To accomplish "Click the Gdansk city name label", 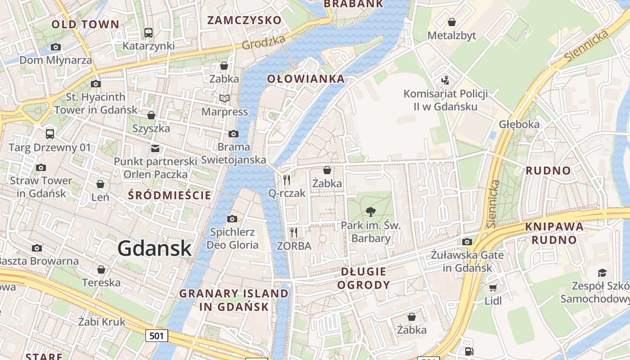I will pyautogui.click(x=155, y=248).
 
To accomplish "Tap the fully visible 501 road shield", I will pyautogui.click(x=157, y=335).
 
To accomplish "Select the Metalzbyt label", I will pyautogui.click(x=451, y=36).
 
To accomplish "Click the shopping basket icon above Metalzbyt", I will pyautogui.click(x=451, y=22).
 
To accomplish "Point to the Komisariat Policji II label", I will pyautogui.click(x=439, y=100).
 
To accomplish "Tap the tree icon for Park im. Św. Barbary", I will pyautogui.click(x=371, y=211).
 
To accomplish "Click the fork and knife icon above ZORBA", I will pyautogui.click(x=294, y=232).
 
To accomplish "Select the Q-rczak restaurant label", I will pyautogui.click(x=287, y=193).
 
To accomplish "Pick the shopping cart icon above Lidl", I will pyautogui.click(x=493, y=287).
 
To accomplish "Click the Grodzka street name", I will pyautogui.click(x=263, y=42).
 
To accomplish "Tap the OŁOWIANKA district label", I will pyautogui.click(x=306, y=79).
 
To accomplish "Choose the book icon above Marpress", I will pyautogui.click(x=224, y=98).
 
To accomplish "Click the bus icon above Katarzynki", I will pyautogui.click(x=148, y=32).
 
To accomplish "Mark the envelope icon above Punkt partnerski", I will pyautogui.click(x=155, y=148).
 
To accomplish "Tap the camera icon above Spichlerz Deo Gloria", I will pyautogui.click(x=232, y=219).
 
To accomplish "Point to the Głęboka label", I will pyautogui.click(x=519, y=124).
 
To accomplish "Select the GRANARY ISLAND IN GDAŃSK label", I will pyautogui.click(x=234, y=300).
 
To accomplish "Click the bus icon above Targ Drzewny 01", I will pyautogui.click(x=50, y=134).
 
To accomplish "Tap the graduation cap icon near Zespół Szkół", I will pyautogui.click(x=602, y=272).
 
